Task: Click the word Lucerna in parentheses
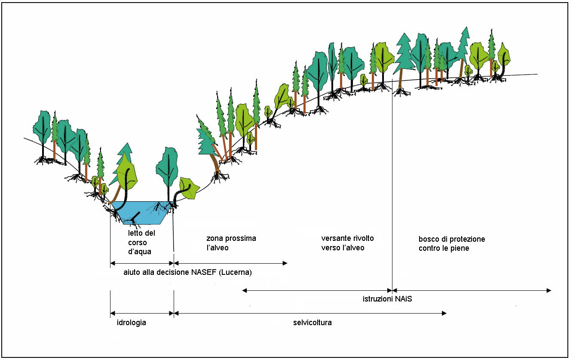click(235, 273)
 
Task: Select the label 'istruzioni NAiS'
click(387, 299)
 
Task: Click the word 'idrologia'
click(132, 323)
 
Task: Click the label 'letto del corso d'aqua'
click(141, 243)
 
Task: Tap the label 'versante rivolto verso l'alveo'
click(347, 243)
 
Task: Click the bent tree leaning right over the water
click(185, 190)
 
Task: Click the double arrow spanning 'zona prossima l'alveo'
click(230, 263)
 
